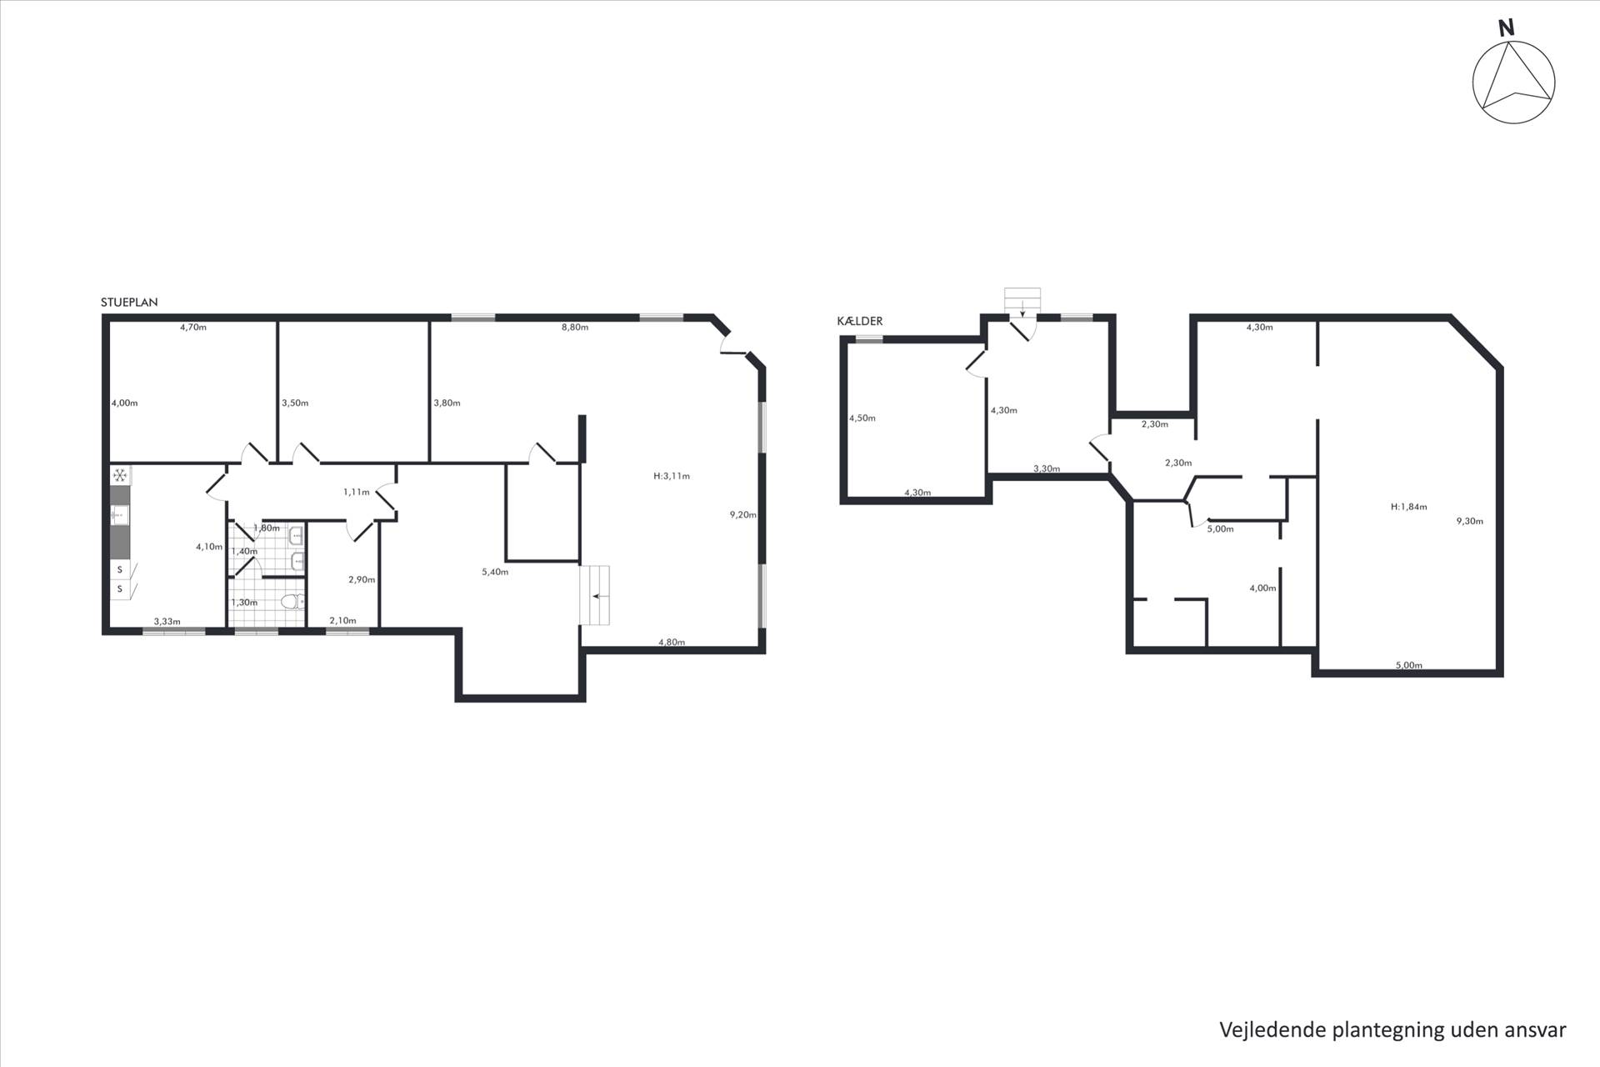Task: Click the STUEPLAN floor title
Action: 129,303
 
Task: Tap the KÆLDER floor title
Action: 860,321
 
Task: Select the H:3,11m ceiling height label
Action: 672,477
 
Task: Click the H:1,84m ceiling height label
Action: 1409,507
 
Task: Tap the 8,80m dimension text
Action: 574,328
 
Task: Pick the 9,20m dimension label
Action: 742,515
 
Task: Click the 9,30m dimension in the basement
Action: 1470,522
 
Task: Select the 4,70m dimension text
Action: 193,328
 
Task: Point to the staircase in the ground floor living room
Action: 595,595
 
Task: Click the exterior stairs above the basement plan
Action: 1022,303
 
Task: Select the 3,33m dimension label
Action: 167,621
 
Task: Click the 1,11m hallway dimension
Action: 356,493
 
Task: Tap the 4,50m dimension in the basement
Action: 862,418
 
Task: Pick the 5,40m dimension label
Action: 495,572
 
